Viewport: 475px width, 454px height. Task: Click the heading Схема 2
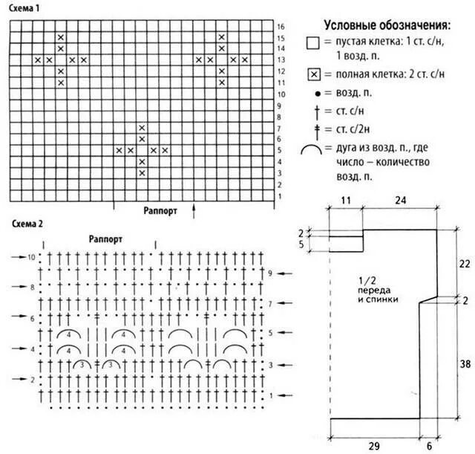click(26, 223)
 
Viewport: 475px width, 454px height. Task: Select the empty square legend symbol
click(312, 44)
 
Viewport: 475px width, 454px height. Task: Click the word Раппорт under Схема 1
click(160, 210)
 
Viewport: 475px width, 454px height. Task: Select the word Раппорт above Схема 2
click(105, 239)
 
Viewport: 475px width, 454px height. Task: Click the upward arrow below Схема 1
click(194, 212)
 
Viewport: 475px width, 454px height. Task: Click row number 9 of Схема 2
click(272, 273)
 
